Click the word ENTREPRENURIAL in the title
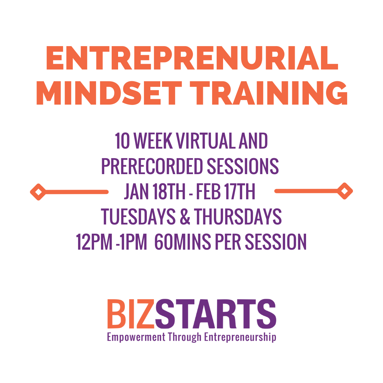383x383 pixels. click(x=192, y=58)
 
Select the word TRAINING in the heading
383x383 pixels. click(x=271, y=93)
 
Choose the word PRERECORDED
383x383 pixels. click(x=152, y=166)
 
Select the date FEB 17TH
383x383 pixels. click(x=231, y=192)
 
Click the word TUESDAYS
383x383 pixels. click(x=138, y=217)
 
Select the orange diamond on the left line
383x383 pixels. click(x=38, y=192)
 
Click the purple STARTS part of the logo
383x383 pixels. click(x=216, y=314)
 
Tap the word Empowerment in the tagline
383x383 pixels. click(x=136, y=337)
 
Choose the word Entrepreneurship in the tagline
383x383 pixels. click(x=240, y=337)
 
